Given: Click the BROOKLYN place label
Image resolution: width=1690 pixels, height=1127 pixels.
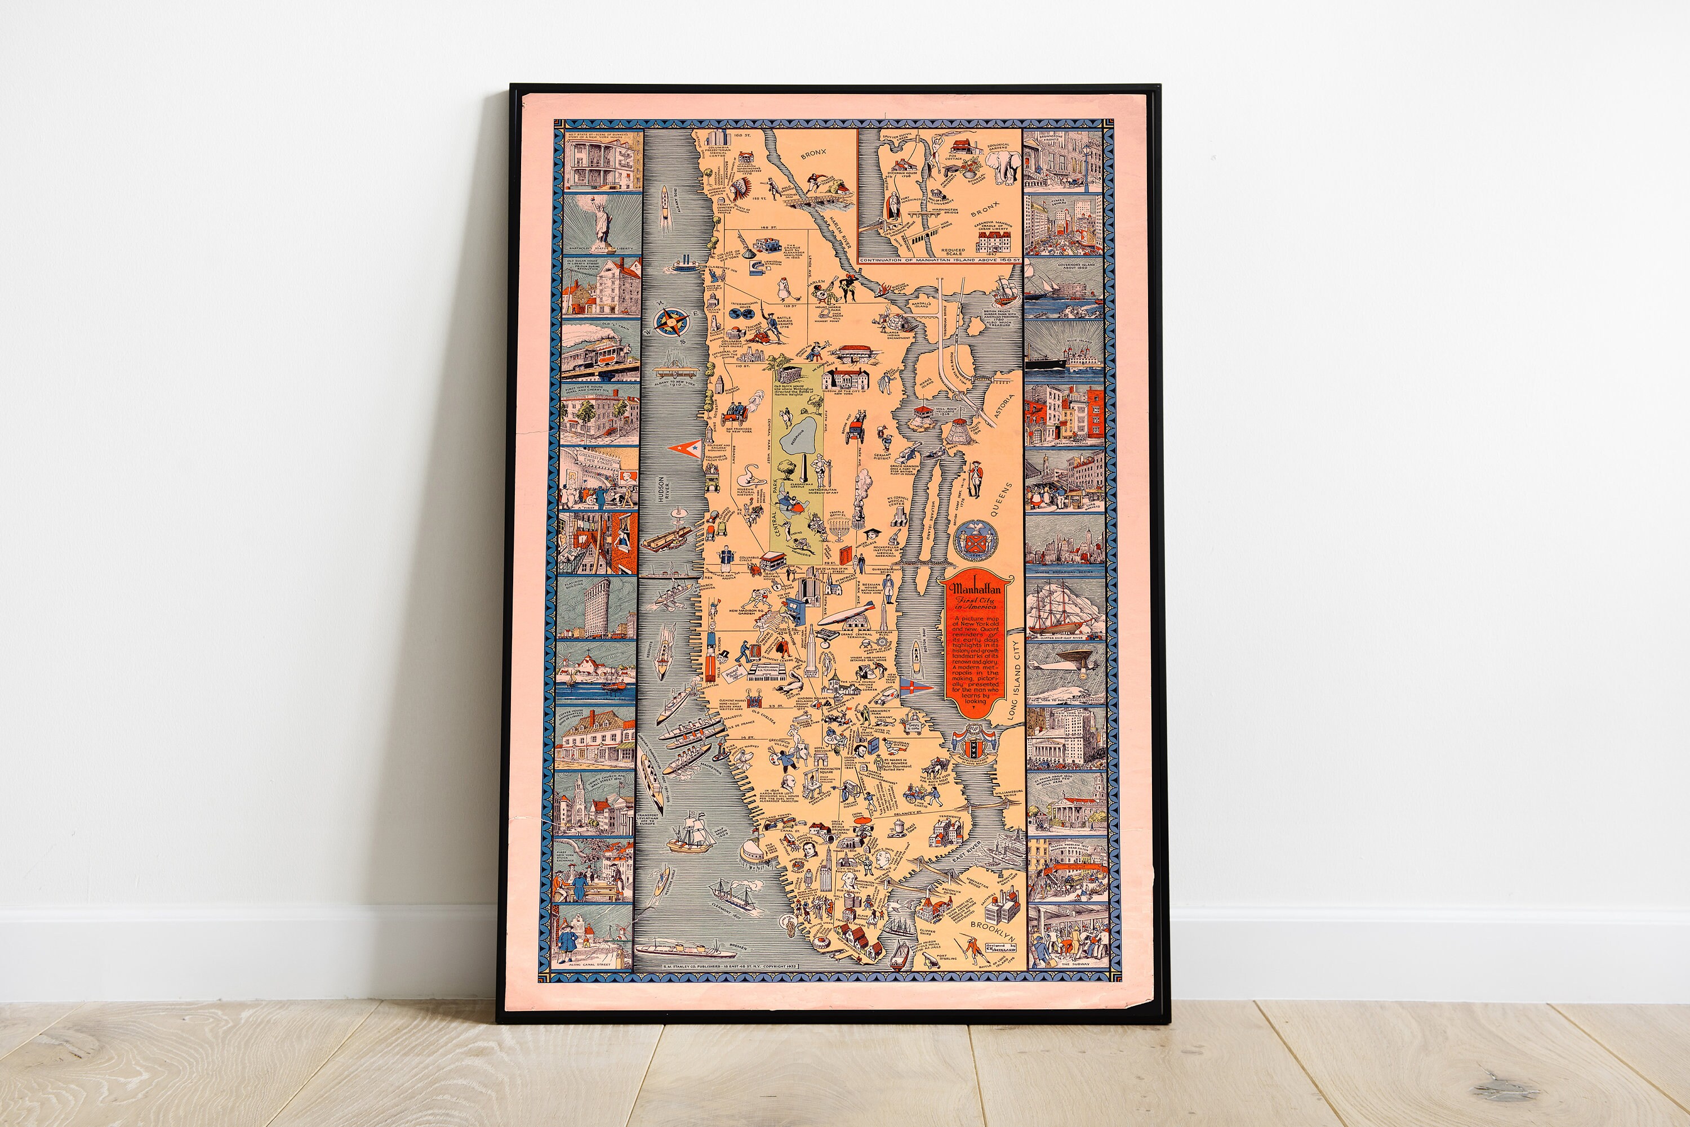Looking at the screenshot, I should click(x=993, y=932).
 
